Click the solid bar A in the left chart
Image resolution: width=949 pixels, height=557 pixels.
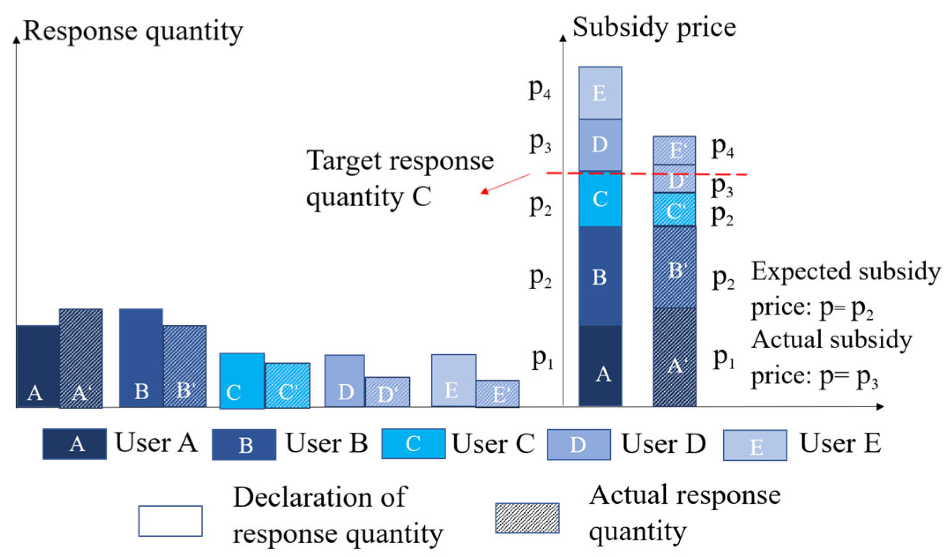coord(38,366)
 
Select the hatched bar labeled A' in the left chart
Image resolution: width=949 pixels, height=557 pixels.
coord(81,358)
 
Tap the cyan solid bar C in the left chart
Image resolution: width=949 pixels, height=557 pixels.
coord(242,380)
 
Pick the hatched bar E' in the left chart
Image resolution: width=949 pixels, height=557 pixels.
coord(497,394)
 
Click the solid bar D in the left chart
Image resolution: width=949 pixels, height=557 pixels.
coord(345,380)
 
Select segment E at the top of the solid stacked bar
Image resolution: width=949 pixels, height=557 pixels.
coord(600,93)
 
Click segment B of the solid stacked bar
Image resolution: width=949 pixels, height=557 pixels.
coord(600,276)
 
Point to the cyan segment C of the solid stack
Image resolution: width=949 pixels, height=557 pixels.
coord(600,200)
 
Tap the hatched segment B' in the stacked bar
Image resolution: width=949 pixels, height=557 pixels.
coord(675,267)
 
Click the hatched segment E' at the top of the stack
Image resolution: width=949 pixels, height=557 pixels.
coord(675,150)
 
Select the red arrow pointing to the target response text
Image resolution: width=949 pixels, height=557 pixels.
coord(505,184)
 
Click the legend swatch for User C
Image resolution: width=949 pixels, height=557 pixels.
coord(413,444)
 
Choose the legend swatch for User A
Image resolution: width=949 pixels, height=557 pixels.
coord(74,444)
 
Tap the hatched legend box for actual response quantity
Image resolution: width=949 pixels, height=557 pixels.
coord(527,518)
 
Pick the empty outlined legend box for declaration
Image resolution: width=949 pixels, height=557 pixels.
coord(171,520)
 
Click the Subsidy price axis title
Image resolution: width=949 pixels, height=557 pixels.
coord(654,27)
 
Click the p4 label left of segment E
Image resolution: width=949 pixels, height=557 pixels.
coord(539,89)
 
